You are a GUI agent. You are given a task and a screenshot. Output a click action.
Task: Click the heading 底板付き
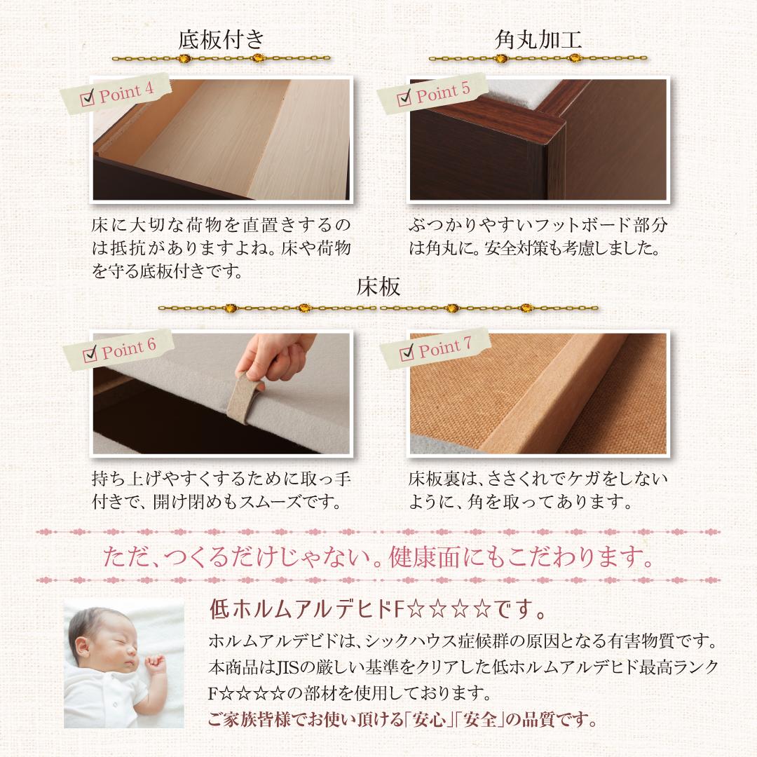[x=221, y=40]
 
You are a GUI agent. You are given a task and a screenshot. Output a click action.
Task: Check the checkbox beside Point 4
[x=88, y=99]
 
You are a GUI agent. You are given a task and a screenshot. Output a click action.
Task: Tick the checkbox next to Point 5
[x=404, y=98]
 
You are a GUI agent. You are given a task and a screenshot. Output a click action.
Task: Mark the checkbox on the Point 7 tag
[x=405, y=353]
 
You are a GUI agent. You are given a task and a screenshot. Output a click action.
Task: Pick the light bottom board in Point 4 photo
[x=231, y=140]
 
